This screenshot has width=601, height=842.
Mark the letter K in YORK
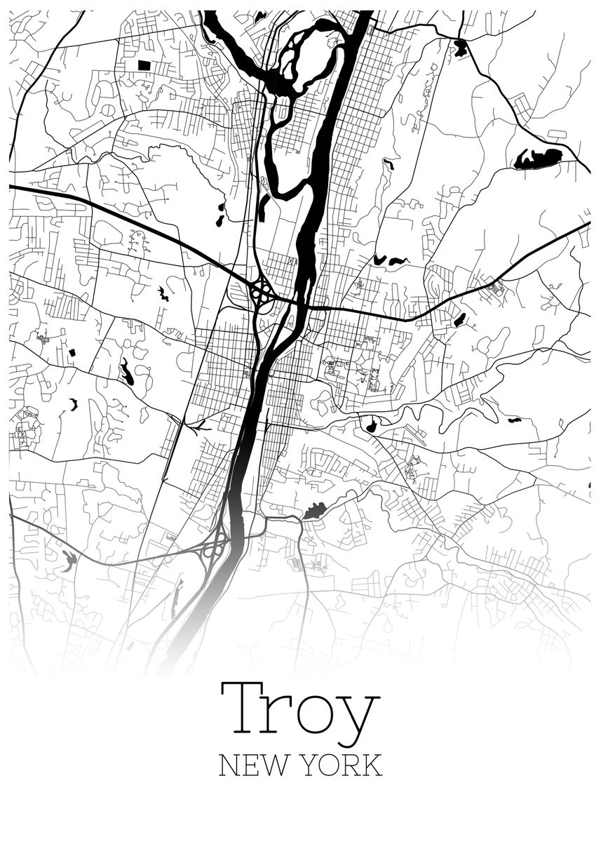click(x=373, y=765)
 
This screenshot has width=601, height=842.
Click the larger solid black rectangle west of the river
click(x=144, y=65)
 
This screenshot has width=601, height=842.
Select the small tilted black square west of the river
click(x=71, y=352)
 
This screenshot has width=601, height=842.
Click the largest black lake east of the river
click(x=539, y=159)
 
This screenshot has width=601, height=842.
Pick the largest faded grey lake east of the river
click(x=315, y=512)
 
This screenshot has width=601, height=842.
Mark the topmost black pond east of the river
click(x=460, y=48)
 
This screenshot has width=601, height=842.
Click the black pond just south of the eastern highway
click(x=459, y=320)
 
